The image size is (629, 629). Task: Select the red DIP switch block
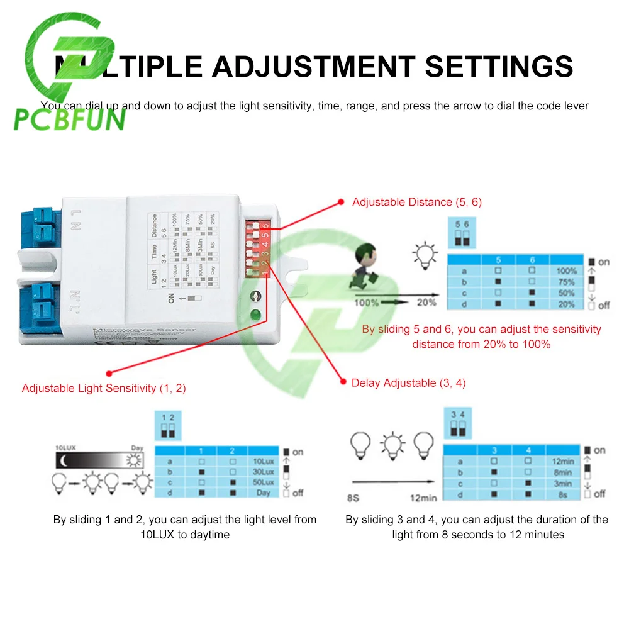point(258,248)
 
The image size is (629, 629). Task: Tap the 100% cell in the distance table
point(566,271)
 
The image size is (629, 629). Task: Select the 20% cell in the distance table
point(566,304)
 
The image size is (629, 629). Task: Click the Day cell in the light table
point(264,493)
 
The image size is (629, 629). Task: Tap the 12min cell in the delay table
point(562,461)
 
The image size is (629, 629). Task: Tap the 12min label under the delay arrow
point(423,498)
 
